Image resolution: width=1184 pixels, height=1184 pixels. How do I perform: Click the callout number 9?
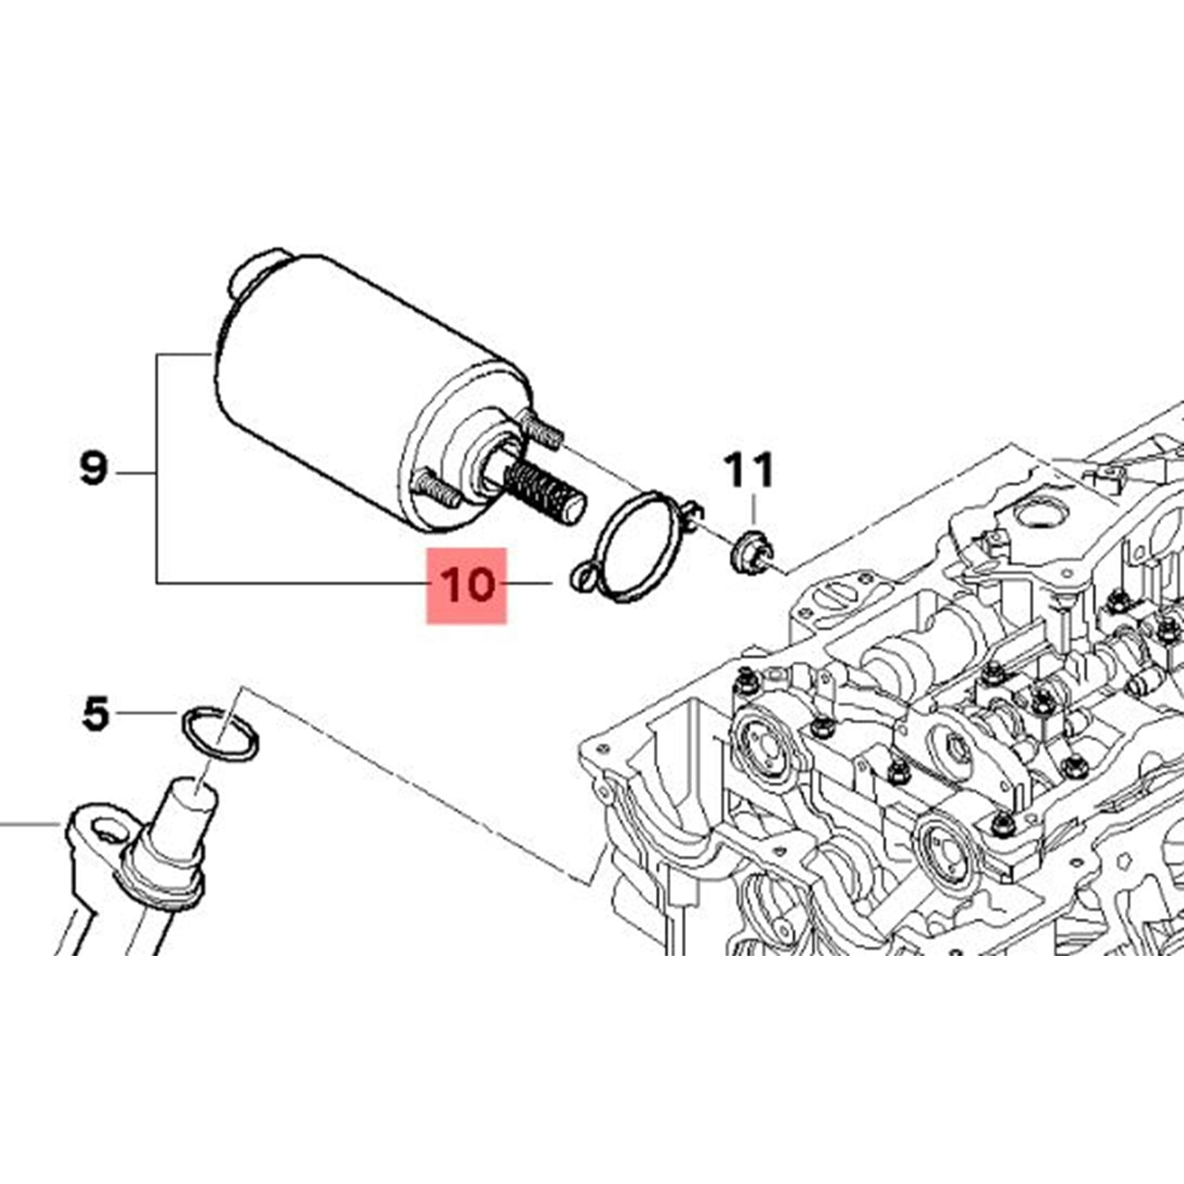(93, 469)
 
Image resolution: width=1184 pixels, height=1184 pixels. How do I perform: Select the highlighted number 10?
(466, 586)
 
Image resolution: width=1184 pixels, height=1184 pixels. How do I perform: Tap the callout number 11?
(749, 470)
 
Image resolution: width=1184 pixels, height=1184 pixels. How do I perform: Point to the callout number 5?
(96, 714)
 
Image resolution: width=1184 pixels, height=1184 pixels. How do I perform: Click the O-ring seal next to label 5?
(220, 734)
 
